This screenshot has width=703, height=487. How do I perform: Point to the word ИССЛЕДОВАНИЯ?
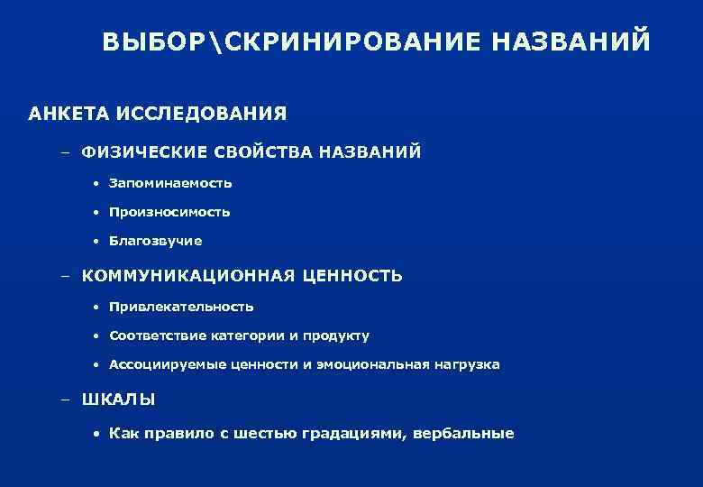point(199,114)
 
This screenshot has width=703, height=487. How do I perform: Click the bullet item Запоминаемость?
point(170,183)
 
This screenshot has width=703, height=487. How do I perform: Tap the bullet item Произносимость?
point(169,213)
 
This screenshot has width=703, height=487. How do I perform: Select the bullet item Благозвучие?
point(155,242)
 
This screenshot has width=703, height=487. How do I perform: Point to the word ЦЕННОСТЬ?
point(353,275)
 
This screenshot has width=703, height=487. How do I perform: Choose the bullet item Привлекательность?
point(181,307)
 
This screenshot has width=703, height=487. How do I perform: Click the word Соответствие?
point(159,336)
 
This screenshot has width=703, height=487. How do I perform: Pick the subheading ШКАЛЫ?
point(118,399)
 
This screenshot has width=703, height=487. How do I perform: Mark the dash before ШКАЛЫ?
point(66,399)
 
